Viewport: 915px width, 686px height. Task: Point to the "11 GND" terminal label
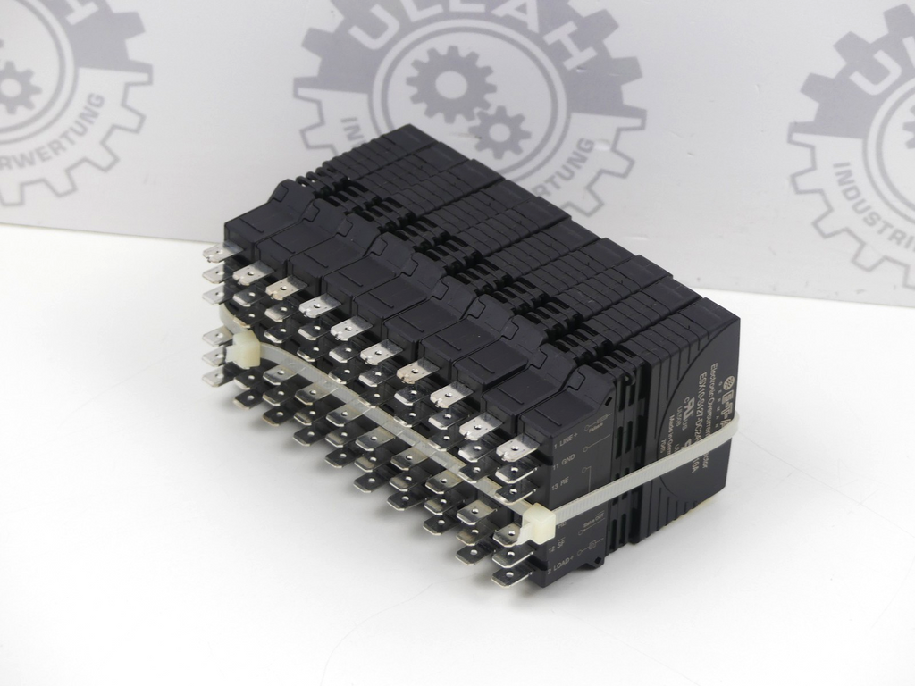(566, 465)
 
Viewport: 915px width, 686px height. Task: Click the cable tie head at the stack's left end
(239, 353)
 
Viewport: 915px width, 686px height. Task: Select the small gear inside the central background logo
(500, 130)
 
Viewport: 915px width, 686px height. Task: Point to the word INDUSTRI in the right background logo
(862, 214)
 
